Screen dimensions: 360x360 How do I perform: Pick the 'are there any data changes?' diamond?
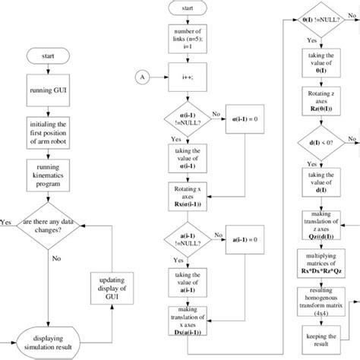tap(49, 223)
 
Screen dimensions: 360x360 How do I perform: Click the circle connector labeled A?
tap(141, 76)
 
